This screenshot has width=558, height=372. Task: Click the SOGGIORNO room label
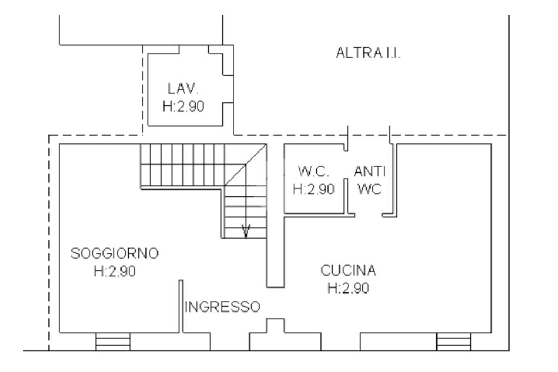(x=114, y=253)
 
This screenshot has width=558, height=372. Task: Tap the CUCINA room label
(x=348, y=270)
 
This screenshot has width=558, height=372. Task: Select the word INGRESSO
(x=223, y=307)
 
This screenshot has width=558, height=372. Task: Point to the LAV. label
(x=183, y=89)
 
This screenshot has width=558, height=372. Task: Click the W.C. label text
(x=313, y=172)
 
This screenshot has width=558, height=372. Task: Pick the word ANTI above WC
(x=370, y=172)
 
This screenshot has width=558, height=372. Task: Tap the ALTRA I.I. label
(x=368, y=53)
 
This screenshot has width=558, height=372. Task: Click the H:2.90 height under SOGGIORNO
(x=114, y=271)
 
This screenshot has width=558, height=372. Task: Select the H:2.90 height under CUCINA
(x=348, y=288)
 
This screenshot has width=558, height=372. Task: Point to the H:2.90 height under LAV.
(x=183, y=106)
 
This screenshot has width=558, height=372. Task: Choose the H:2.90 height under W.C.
(x=313, y=189)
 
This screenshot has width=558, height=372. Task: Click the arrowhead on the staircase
(x=246, y=231)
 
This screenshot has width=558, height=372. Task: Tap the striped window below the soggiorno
(x=113, y=341)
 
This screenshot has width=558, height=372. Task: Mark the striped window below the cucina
(x=454, y=341)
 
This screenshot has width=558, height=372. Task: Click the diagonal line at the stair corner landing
(x=246, y=164)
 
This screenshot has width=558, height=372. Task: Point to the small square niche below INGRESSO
(x=275, y=326)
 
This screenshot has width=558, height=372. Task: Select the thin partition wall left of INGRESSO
(x=181, y=307)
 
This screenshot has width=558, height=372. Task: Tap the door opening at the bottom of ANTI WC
(x=369, y=215)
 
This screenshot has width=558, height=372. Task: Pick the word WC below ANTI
(x=370, y=189)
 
